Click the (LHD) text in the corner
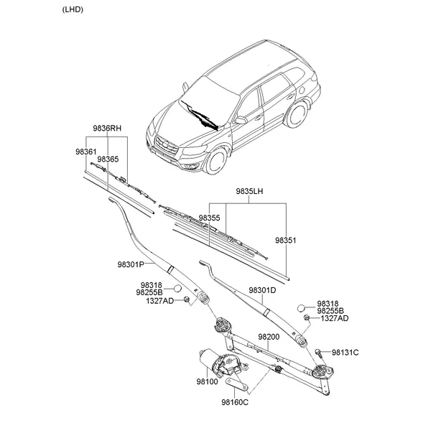[x=73, y=9]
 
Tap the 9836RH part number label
[x=107, y=129]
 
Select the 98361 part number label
[x=86, y=152]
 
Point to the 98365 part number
[x=108, y=159]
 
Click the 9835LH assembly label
[x=249, y=191]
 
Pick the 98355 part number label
[x=210, y=218]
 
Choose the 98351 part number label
[x=286, y=241]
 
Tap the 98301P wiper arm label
[x=131, y=264]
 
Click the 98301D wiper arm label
[x=262, y=290]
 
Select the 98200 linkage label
[x=269, y=337]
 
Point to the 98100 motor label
[x=208, y=381]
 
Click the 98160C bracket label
[x=235, y=402]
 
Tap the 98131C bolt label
[x=346, y=353]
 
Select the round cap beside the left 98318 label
[x=178, y=288]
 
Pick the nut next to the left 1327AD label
[x=187, y=300]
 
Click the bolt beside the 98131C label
[x=319, y=353]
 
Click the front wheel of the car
[x=216, y=161]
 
